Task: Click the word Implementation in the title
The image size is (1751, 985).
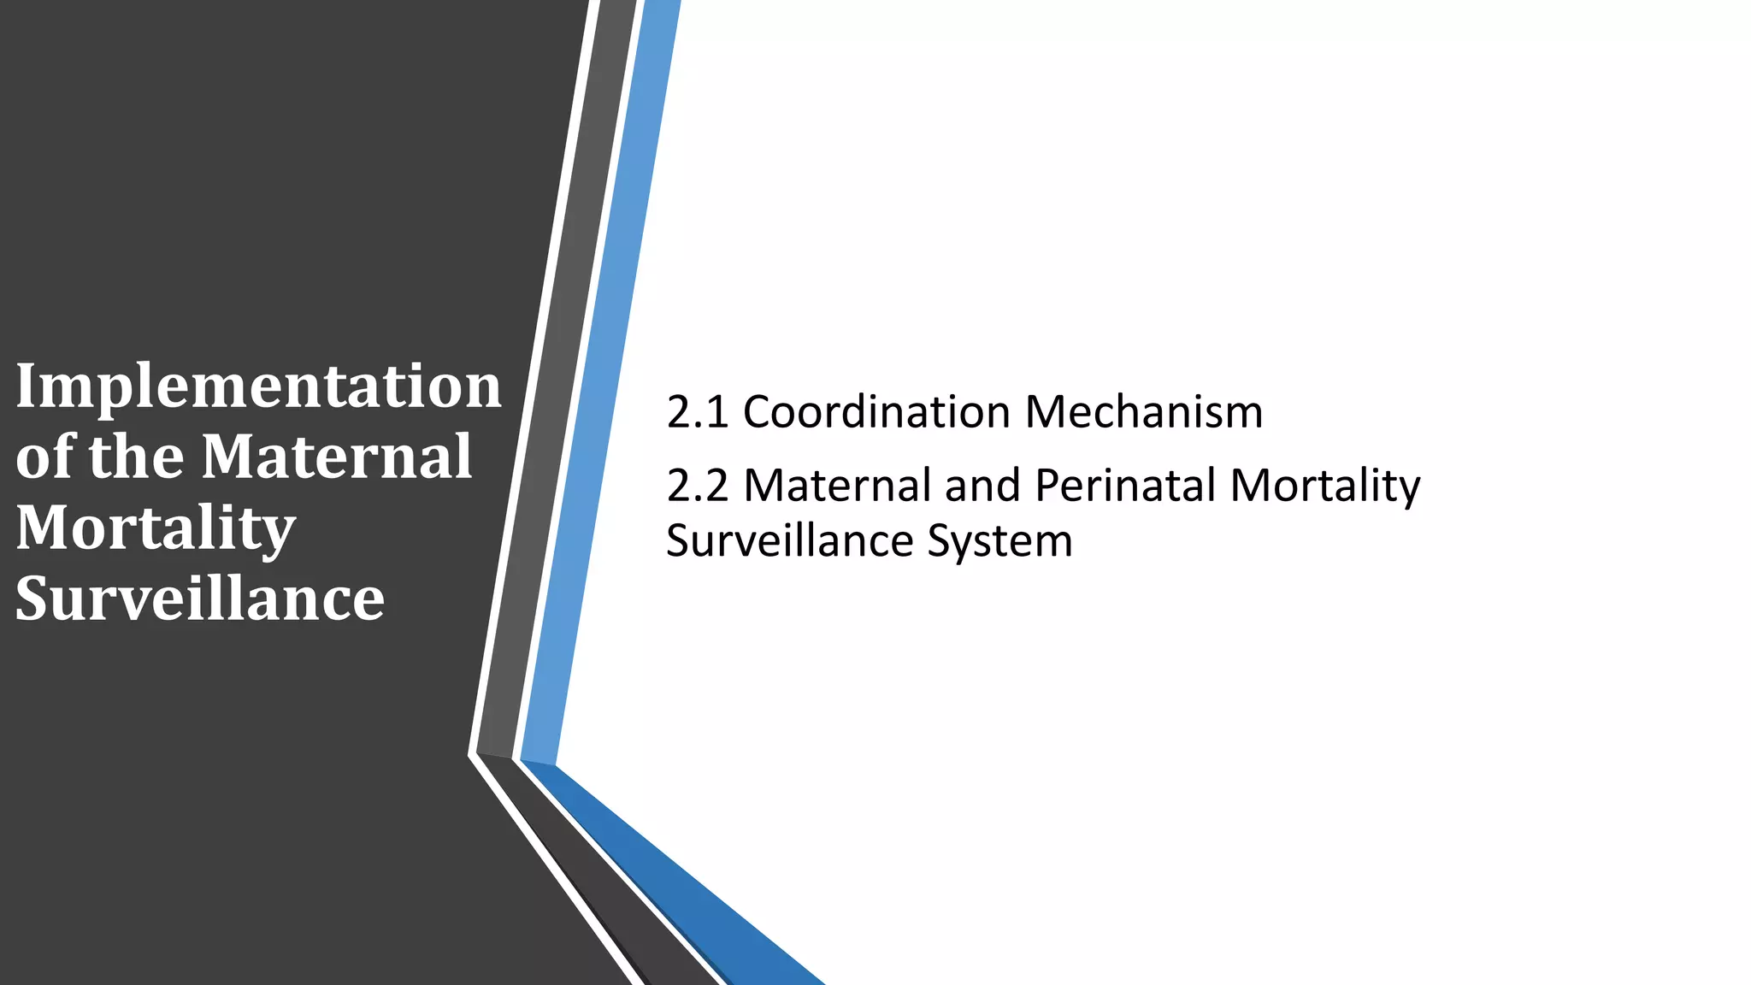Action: click(258, 387)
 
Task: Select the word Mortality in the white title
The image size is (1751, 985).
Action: click(156, 528)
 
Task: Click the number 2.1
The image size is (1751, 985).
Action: click(697, 412)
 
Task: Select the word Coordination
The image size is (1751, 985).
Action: click(876, 412)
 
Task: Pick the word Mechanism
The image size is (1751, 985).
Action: click(1143, 412)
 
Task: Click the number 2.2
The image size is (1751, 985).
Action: click(697, 486)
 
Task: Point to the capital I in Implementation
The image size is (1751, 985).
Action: click(26, 386)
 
